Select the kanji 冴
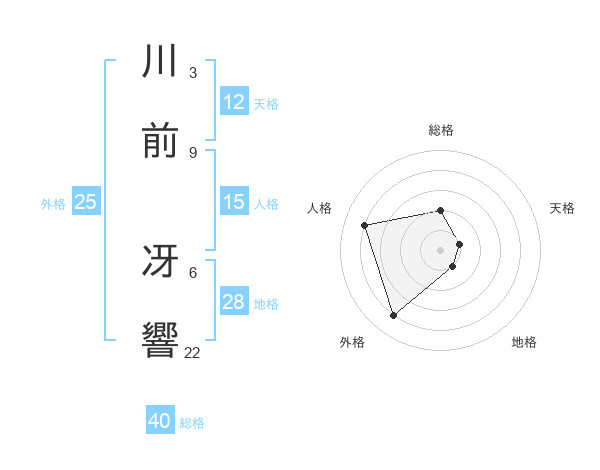coord(161,261)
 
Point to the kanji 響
coord(161,341)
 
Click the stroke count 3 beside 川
coord(193,72)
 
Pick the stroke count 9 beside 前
coord(193,152)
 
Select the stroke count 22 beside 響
coord(193,352)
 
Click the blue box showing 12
coord(234,102)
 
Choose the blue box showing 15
coord(234,202)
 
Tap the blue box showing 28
coord(234,302)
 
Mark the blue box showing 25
coord(86,202)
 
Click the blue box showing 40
coord(160,421)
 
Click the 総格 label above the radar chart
coord(441,130)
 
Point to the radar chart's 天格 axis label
coord(563,208)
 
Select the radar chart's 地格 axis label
coord(524,342)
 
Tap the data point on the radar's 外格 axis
coord(393,316)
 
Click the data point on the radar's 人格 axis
coord(365,224)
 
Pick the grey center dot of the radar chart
coord(441,249)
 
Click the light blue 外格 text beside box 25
coord(53,203)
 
